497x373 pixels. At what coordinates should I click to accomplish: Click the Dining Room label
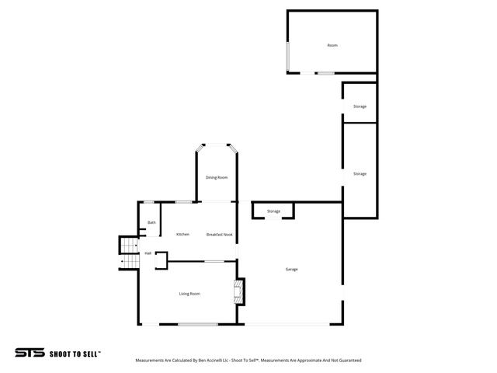point(217,178)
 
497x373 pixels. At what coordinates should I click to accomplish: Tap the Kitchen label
point(182,234)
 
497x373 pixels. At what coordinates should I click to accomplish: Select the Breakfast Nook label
point(220,234)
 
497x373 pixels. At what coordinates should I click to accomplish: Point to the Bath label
point(151,223)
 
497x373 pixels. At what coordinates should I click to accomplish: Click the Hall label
point(148,253)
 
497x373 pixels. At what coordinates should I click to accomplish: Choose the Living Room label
point(189,294)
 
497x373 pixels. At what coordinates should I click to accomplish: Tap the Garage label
point(291,270)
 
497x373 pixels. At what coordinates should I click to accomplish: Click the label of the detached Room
point(332,46)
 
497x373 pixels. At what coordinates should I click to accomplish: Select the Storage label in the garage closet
point(273,211)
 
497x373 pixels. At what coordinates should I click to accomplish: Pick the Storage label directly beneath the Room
point(360,106)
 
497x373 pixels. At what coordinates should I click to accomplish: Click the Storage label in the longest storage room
point(360,174)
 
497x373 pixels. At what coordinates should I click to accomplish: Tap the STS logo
point(30,353)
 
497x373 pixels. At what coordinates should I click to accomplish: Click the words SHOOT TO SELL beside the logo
point(75,354)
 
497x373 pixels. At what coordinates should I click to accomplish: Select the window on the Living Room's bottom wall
point(198,324)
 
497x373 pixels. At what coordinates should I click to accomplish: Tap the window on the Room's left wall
point(288,56)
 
